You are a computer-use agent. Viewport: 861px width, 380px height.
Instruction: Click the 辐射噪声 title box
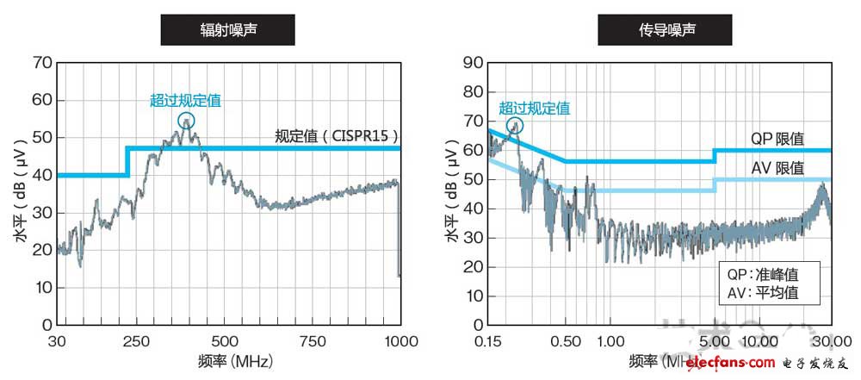[x=228, y=32]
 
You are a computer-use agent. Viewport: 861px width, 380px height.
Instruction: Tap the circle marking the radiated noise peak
[x=187, y=121]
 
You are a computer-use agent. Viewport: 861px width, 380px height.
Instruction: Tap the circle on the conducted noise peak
[x=515, y=125]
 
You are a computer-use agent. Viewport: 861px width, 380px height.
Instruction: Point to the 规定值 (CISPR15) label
[x=337, y=135]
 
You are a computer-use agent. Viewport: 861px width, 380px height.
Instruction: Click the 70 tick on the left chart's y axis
[x=41, y=63]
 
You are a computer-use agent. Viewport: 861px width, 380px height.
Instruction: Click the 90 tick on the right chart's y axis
[x=470, y=63]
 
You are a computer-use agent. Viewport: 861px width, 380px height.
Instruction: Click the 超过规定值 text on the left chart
[x=185, y=100]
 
